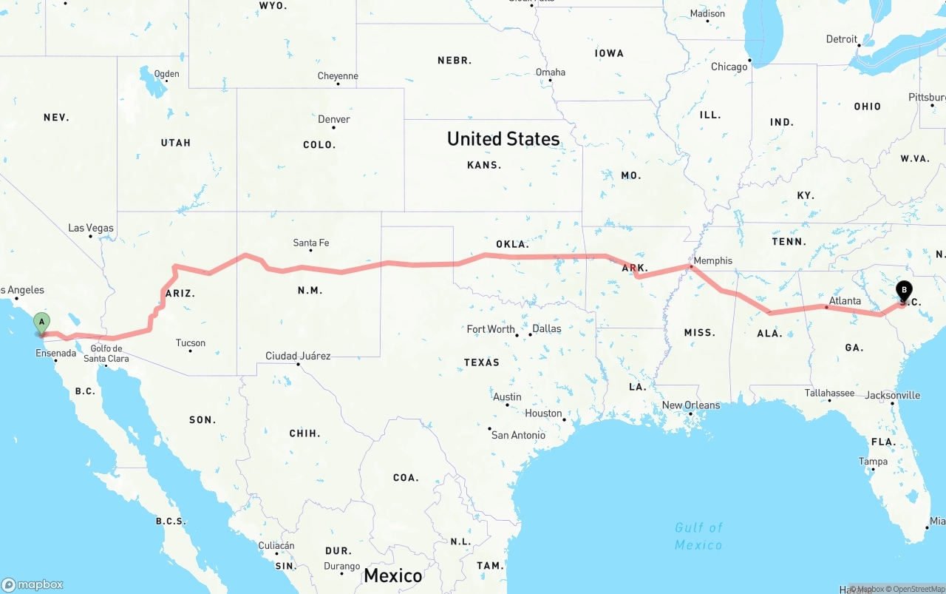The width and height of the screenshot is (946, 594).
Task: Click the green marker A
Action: point(42,322)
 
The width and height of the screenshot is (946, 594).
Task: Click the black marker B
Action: point(903,291)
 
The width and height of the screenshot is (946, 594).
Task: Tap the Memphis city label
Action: point(713,260)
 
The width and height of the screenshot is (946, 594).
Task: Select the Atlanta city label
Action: point(845,301)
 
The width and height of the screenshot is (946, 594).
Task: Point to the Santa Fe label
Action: point(311,243)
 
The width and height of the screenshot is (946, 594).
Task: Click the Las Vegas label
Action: point(91,228)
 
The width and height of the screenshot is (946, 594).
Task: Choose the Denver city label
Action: point(334,119)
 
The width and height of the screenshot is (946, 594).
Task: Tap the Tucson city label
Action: point(191,342)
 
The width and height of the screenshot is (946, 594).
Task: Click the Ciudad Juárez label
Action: point(298,356)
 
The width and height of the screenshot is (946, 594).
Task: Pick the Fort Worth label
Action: point(491,329)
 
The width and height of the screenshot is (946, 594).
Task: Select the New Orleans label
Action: point(691,405)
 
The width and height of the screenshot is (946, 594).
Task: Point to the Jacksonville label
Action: point(893,395)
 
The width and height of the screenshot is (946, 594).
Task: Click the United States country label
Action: point(503,138)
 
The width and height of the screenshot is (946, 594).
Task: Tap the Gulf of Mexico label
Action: point(698,536)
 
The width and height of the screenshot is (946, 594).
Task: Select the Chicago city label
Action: point(729,67)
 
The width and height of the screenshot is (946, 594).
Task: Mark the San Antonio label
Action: point(519,435)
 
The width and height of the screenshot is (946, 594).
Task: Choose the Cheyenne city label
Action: point(338,76)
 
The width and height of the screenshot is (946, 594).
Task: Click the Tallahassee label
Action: point(829,393)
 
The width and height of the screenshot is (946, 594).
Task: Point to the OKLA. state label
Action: point(512,244)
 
